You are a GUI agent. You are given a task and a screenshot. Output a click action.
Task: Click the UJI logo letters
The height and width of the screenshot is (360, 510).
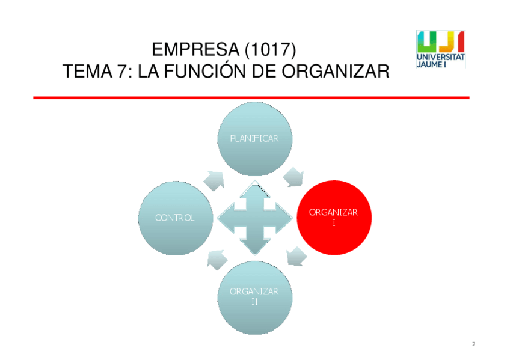440,41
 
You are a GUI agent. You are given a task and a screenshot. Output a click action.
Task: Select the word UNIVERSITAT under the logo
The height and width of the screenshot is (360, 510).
440,57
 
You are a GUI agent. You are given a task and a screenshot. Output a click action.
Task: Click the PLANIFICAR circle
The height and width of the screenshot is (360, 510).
254,139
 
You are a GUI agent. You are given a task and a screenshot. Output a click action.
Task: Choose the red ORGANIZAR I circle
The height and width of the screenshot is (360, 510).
333,217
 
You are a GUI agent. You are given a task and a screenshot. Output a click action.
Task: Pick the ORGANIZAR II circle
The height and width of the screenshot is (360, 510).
254,296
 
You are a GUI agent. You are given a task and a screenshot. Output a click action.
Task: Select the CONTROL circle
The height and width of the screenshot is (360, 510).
175,218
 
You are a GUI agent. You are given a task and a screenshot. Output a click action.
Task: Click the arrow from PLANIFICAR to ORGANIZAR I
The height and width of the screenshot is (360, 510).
294,177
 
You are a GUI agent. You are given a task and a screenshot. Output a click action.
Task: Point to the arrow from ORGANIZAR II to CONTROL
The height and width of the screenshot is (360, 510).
215,259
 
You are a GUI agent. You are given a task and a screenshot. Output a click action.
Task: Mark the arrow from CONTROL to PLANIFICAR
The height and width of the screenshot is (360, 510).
214,179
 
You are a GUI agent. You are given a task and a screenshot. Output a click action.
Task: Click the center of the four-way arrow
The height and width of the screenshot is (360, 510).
254,218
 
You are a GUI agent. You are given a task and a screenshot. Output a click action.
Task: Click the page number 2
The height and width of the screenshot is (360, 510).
473,344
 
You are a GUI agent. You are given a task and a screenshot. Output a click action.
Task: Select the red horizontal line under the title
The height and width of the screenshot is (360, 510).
251,97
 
